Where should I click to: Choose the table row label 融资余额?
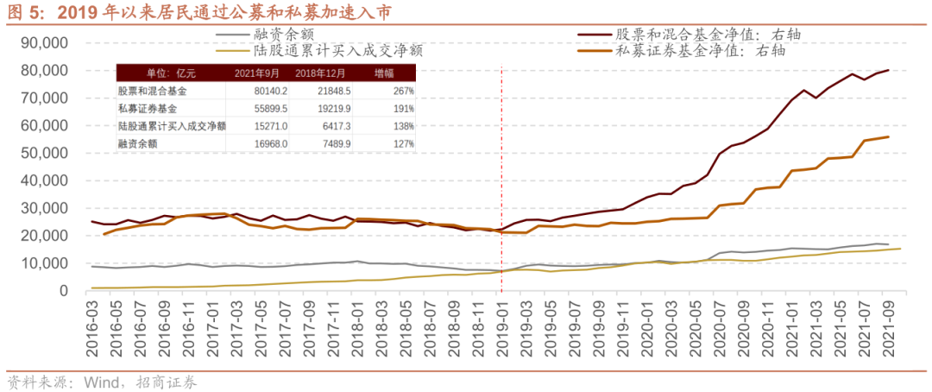(139, 144)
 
